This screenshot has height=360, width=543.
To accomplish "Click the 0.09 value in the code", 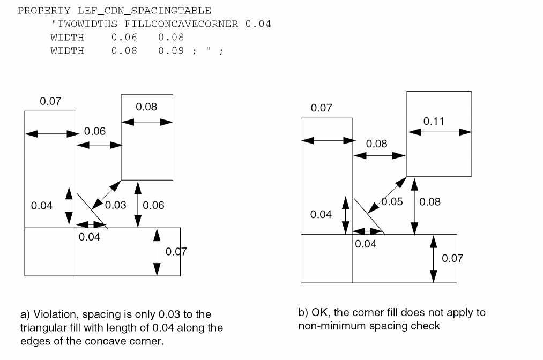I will (x=171, y=51).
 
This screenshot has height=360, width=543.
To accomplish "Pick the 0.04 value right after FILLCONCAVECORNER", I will (x=258, y=24).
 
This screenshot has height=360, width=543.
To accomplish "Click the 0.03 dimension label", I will (x=115, y=205).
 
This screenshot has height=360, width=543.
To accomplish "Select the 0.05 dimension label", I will (x=392, y=202).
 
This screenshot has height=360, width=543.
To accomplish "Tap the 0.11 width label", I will (x=434, y=122).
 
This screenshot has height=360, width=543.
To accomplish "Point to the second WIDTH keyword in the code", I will (x=67, y=51).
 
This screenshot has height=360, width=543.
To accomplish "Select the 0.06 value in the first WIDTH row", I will (x=124, y=37).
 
